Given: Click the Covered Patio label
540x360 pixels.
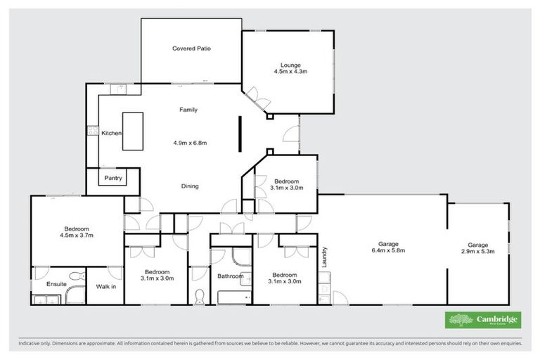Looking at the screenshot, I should [192, 49].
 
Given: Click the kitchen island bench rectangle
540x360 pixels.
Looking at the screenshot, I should [134, 131].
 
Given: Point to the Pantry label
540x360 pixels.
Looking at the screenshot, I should [113, 179].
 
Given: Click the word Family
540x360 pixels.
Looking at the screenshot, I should [188, 110].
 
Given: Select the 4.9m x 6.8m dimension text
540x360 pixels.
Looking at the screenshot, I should [190, 143].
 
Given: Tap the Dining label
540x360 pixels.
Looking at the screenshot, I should [189, 186].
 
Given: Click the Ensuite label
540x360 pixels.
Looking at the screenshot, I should [56, 285].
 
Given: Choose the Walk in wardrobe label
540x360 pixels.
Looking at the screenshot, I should [106, 285].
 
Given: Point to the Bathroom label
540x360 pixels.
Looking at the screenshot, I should [230, 276].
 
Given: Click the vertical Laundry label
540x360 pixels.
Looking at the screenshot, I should [326, 257].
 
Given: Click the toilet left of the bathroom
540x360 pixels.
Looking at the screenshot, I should [200, 295].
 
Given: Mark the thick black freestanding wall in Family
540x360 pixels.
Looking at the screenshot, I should [239, 134].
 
